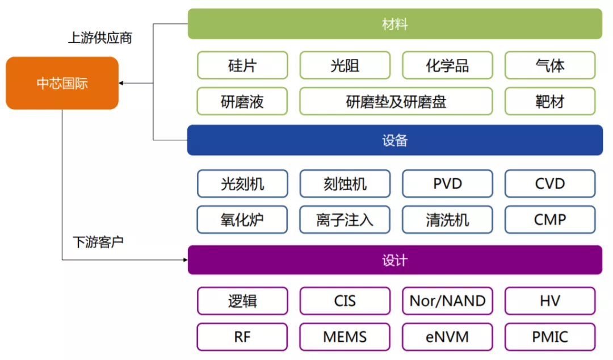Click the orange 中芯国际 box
(x=62, y=83)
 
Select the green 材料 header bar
(x=394, y=24)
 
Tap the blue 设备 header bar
(x=394, y=140)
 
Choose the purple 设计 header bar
(x=394, y=260)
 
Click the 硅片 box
(x=242, y=65)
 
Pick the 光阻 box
(x=345, y=65)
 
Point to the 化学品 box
(x=447, y=65)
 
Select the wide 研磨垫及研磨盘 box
(x=396, y=102)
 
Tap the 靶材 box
(x=549, y=102)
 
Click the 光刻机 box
(x=242, y=184)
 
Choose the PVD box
(x=447, y=184)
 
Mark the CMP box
(x=549, y=220)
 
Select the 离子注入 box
(x=345, y=220)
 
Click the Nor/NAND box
(x=447, y=301)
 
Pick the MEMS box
(x=345, y=337)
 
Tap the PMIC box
(x=549, y=337)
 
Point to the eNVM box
(x=447, y=337)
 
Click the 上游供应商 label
(x=100, y=38)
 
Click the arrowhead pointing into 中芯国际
(x=122, y=83)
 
